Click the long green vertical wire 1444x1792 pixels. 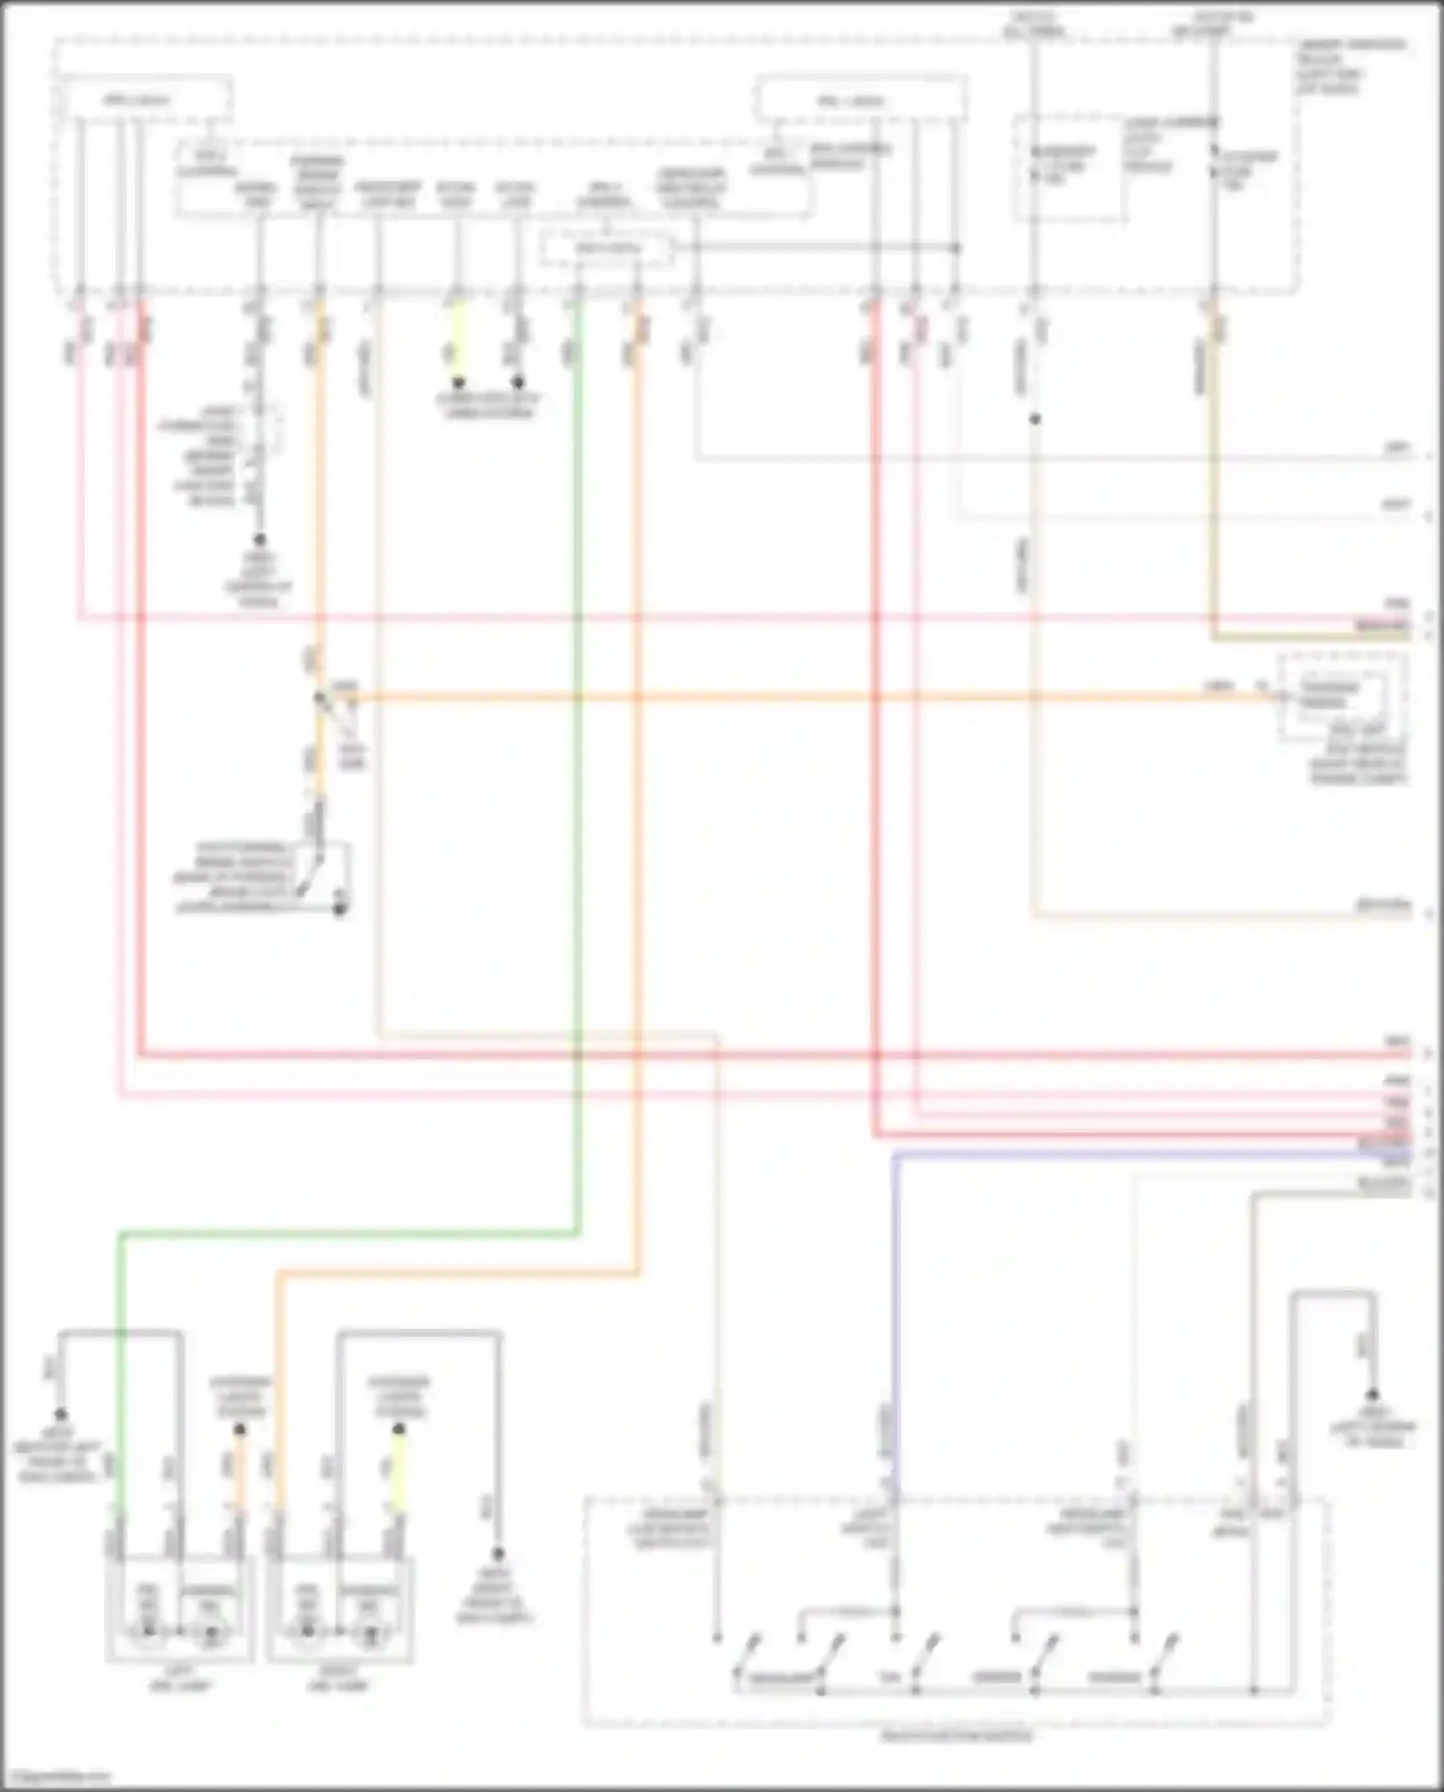click(x=578, y=770)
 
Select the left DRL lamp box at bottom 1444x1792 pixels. click(x=180, y=1607)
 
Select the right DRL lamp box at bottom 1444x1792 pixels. click(x=340, y=1607)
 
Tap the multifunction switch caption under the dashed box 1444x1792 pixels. click(x=957, y=1737)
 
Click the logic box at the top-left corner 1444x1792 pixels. click(x=144, y=101)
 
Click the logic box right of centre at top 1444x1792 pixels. click(x=860, y=100)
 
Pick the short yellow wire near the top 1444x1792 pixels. click(x=459, y=342)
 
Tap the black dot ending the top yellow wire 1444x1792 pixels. click(x=459, y=382)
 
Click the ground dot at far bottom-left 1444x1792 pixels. click(x=60, y=1415)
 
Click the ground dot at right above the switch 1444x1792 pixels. click(x=1373, y=1394)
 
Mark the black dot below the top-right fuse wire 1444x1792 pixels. click(x=1035, y=420)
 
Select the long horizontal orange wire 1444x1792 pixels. click(x=770, y=697)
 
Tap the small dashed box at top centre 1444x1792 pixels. click(x=606, y=249)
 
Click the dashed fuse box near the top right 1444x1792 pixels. click(x=1069, y=169)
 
